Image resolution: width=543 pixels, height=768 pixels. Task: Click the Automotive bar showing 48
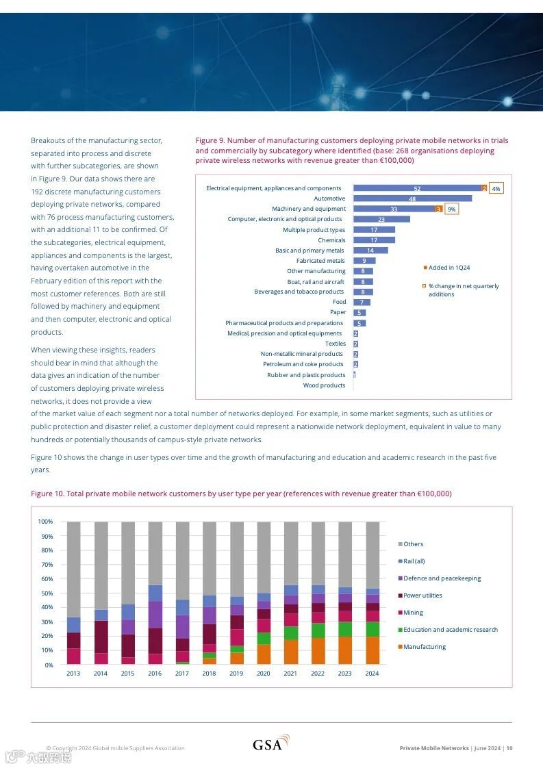(x=412, y=199)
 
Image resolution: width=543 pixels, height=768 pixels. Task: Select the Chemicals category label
(x=331, y=240)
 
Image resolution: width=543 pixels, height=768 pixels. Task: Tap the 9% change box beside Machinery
(x=451, y=209)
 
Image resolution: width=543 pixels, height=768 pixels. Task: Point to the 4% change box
(x=496, y=188)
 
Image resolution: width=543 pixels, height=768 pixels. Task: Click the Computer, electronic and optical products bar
(x=381, y=219)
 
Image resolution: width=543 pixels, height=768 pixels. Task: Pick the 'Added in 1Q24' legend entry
(x=449, y=268)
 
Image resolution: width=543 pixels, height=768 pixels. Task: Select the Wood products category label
(x=324, y=385)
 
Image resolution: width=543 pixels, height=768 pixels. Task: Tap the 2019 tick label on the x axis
(x=236, y=674)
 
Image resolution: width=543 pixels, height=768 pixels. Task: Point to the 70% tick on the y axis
(x=46, y=565)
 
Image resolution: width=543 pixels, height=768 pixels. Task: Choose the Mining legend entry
(x=413, y=613)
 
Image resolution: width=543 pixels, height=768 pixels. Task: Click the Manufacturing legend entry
(x=424, y=647)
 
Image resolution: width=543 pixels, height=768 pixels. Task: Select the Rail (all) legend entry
(x=414, y=561)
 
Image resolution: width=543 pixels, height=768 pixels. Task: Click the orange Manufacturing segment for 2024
(x=372, y=650)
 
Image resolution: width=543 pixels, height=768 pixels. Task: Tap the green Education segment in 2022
(x=318, y=630)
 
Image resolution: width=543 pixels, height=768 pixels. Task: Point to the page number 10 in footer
(x=509, y=748)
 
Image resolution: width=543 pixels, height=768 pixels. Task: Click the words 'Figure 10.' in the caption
(x=47, y=494)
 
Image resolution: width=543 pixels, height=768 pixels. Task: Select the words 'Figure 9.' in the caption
(x=210, y=140)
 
